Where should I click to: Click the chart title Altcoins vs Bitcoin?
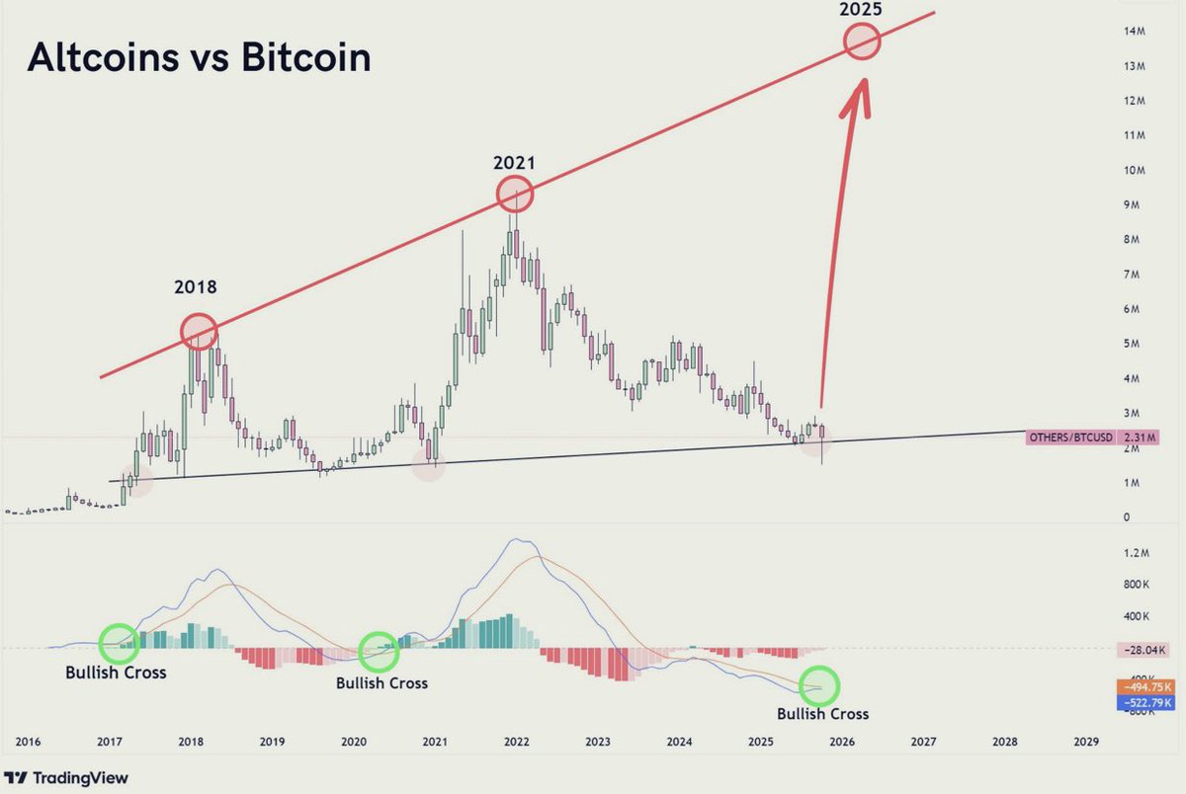point(199,58)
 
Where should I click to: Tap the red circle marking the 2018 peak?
point(199,330)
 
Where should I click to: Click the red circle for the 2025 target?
point(863,41)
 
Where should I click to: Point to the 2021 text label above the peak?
point(514,163)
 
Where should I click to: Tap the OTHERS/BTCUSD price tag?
point(1071,436)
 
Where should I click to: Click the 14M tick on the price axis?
point(1134,32)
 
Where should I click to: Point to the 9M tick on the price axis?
point(1134,205)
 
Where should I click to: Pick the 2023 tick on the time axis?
point(596,741)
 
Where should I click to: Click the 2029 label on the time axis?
point(1085,741)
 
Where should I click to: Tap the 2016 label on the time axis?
point(29,741)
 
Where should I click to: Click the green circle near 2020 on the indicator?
point(379,651)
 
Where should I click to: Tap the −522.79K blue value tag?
point(1144,702)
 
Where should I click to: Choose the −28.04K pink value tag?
point(1144,650)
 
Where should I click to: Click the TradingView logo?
point(72,778)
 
